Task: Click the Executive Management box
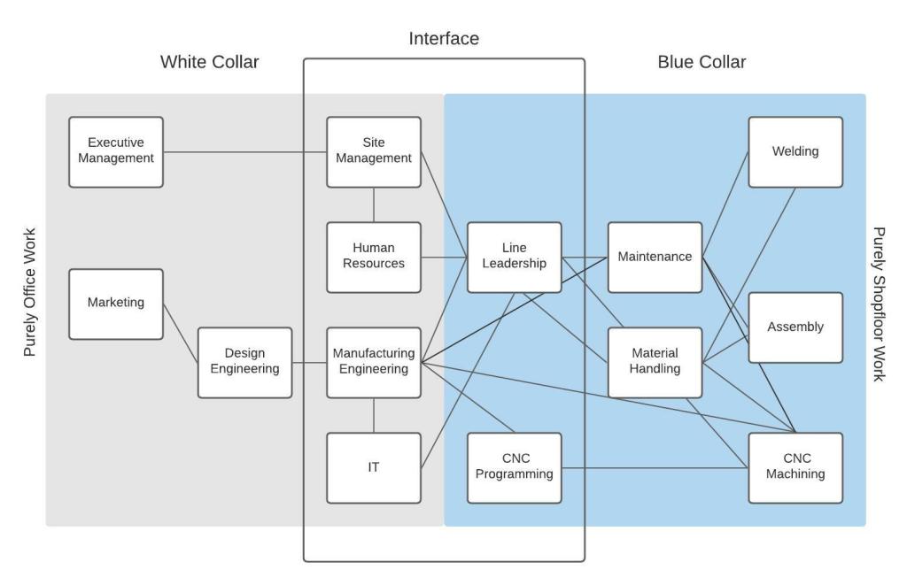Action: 116,151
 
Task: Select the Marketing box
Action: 116,304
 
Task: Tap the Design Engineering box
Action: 244,362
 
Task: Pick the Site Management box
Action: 373,151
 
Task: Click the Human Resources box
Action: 373,257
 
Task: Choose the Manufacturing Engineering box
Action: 373,362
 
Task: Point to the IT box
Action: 373,467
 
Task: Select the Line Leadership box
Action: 514,257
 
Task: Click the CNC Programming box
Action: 514,467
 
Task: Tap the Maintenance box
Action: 655,257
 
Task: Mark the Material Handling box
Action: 655,362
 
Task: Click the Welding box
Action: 795,151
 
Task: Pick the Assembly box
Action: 795,327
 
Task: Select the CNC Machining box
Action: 795,467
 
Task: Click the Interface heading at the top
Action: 444,39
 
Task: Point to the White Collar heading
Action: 210,62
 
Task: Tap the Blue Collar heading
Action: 702,62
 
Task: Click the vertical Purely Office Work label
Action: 30,292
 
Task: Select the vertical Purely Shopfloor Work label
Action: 880,304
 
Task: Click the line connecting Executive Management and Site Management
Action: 244,152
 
